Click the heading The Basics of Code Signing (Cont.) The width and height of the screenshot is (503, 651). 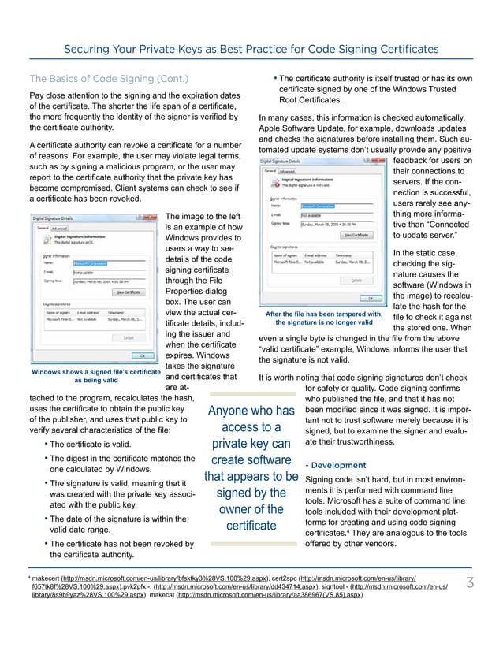pyautogui.click(x=109, y=78)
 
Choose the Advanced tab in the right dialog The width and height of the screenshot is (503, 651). pyautogui.click(x=287, y=169)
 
